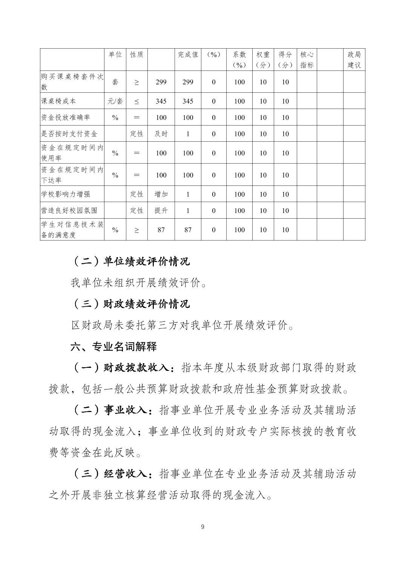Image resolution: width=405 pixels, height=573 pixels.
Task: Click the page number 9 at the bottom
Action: coord(202,527)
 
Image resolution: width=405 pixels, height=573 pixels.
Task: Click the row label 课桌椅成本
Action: coord(58,101)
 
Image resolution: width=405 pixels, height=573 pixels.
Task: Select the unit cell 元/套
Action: coord(115,101)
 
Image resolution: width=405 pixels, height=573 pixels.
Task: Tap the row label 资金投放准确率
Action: coord(66,117)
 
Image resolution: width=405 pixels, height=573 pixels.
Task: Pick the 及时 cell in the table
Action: coord(161,134)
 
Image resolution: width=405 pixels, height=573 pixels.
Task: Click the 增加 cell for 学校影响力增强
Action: coord(161,194)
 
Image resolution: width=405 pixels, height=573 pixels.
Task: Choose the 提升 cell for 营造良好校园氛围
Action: coord(161,210)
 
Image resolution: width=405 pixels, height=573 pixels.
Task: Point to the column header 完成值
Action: coord(188,55)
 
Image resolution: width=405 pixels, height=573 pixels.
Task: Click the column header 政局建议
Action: coord(354,60)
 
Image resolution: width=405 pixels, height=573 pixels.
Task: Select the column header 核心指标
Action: coord(307,60)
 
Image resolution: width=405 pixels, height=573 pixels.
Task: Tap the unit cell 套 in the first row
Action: coord(115,82)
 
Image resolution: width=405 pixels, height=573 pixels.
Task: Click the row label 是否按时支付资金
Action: coord(69,134)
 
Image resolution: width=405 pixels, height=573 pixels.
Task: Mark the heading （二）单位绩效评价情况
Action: coord(130,261)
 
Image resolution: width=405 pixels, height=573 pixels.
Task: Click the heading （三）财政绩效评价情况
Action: coord(130,304)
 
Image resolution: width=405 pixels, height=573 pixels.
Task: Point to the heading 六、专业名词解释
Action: coord(114,346)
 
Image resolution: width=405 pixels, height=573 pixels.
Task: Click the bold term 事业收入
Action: coord(125,410)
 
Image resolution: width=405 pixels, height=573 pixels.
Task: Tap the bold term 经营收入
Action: coord(125,474)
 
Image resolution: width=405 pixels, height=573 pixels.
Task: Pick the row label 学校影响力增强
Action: coord(66,194)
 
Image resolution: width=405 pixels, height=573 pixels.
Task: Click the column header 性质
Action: coord(137,55)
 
